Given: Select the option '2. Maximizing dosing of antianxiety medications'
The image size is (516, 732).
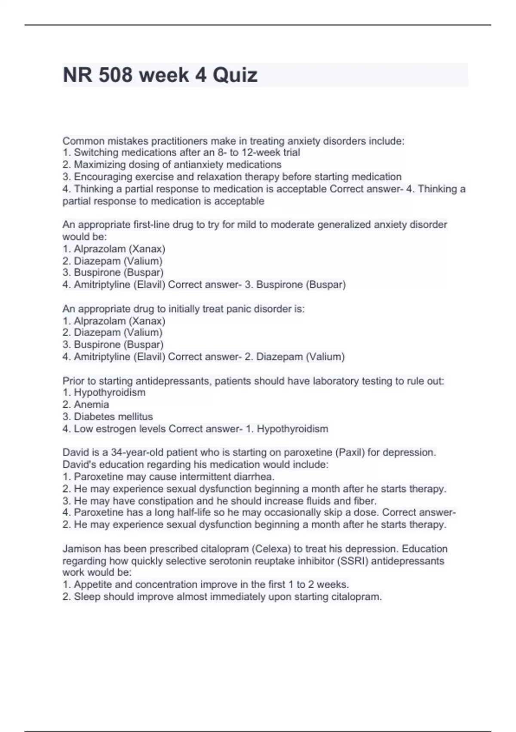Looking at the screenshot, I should click(x=172, y=164).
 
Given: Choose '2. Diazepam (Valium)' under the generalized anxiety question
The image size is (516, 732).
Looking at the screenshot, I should click(x=113, y=261).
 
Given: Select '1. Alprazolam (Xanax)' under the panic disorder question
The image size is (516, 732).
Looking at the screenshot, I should click(x=114, y=321).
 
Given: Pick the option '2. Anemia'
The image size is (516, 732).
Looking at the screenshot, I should click(x=86, y=404).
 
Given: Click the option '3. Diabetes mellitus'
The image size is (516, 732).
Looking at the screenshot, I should click(x=107, y=416).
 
